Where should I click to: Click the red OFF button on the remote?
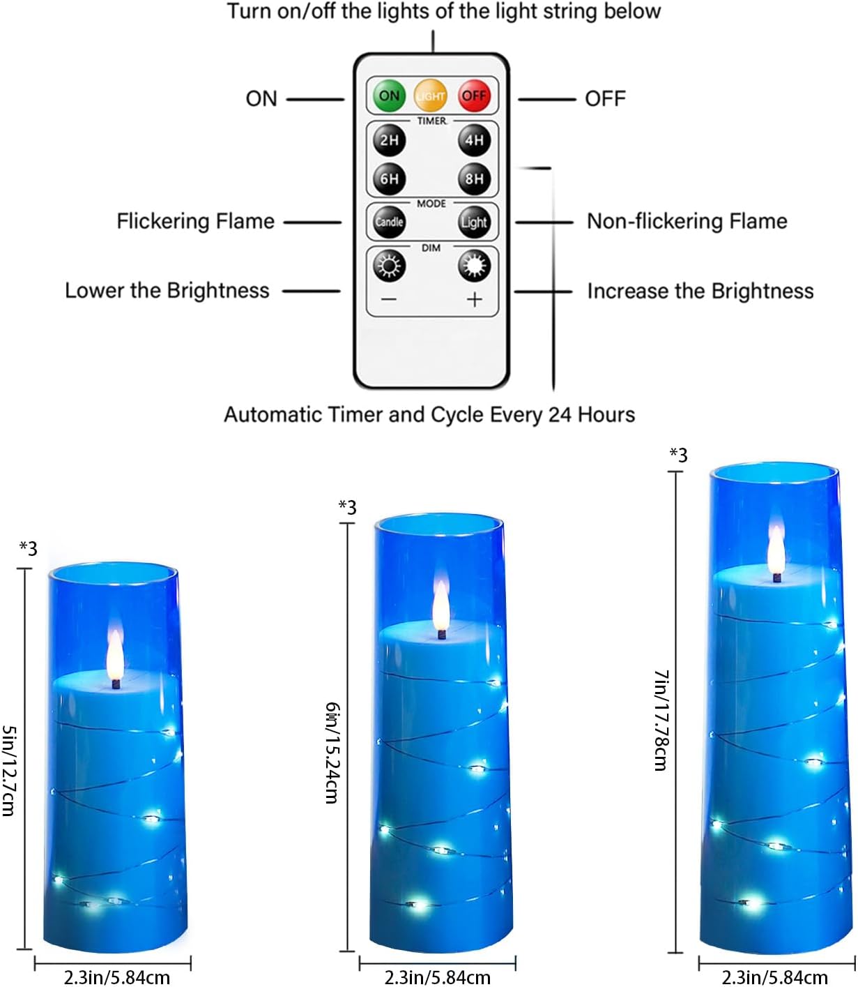(474, 96)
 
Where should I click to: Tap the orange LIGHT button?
(430, 96)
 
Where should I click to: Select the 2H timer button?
(389, 140)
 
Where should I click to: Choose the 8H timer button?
(474, 179)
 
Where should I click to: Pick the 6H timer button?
(389, 179)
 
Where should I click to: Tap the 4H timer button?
(474, 140)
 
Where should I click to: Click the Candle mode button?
(389, 222)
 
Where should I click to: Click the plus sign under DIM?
(475, 300)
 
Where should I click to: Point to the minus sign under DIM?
(389, 300)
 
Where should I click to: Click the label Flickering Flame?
(195, 221)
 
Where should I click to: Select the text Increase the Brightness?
(700, 291)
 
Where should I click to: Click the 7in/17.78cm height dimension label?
(661, 720)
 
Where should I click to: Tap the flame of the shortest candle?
(115, 656)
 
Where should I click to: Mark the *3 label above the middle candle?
(347, 507)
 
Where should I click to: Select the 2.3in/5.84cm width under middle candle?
(437, 977)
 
